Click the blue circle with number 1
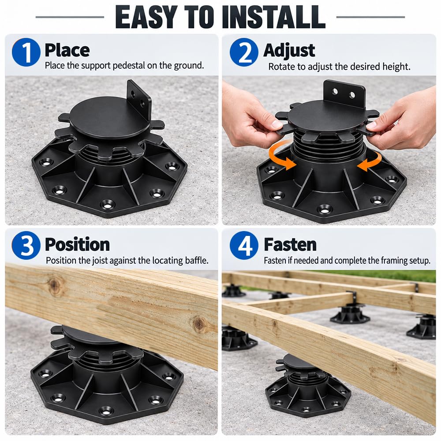26,52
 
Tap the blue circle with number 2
244,52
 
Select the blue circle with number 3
26,245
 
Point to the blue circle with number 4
244,245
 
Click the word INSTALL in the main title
274,17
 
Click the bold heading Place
67,50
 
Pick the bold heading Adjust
289,51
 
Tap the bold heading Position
77,244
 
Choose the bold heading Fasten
290,244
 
